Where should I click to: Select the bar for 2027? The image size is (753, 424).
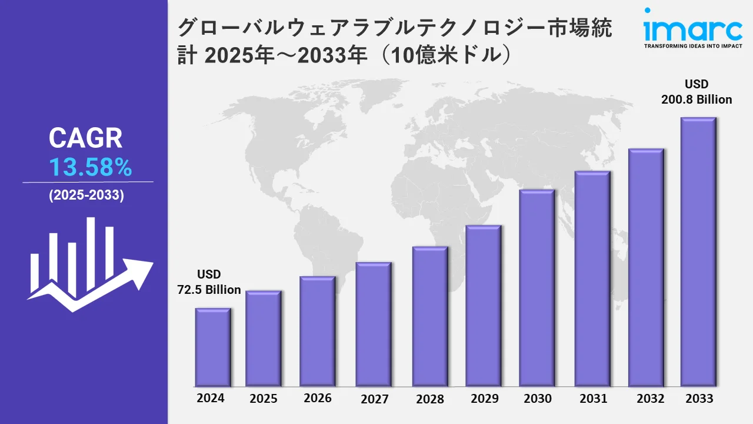[374, 324]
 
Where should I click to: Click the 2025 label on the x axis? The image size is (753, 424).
[263, 399]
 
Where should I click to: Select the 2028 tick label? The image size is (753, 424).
[430, 399]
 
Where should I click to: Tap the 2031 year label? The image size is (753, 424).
[592, 399]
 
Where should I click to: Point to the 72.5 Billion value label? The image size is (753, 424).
[209, 289]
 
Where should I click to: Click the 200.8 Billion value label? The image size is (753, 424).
[697, 100]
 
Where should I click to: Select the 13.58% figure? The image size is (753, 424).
[90, 168]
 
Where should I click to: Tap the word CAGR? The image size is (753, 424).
[86, 138]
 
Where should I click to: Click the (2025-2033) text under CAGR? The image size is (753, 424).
[86, 196]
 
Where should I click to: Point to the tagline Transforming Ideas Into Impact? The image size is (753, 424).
[692, 46]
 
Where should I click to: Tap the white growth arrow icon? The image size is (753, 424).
[89, 265]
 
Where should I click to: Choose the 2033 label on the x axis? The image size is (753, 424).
[699, 399]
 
